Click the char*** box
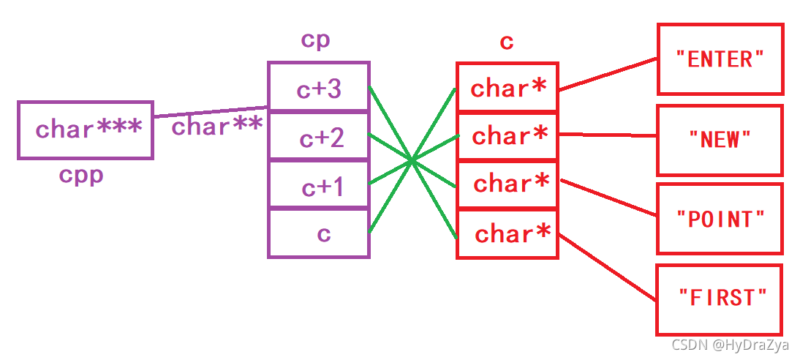(85, 130)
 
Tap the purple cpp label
(81, 176)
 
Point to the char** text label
(216, 127)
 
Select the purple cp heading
(315, 40)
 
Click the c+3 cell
(319, 89)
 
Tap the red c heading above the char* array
(506, 42)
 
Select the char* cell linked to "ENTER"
(507, 89)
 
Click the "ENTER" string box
(720, 59)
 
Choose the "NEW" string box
(720, 139)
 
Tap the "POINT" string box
(720, 218)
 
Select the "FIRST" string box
(720, 298)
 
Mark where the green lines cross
(413, 160)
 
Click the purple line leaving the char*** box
(211, 111)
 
